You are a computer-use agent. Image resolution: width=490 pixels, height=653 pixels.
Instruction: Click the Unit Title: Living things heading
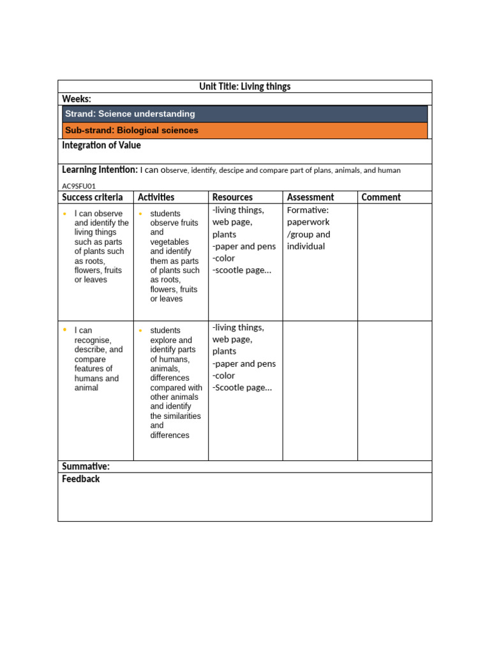pos(245,87)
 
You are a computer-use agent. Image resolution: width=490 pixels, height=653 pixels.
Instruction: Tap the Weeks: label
pos(77,99)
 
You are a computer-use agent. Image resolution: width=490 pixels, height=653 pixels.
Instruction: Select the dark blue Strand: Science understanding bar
pos(245,114)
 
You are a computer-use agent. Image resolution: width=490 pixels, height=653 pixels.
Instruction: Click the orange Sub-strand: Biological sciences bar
pos(245,131)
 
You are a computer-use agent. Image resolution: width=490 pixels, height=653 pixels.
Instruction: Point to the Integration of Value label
pos(101,145)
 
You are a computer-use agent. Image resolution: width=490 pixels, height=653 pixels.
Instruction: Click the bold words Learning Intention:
pos(100,170)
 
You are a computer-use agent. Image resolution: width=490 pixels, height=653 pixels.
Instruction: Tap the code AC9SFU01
pos(78,186)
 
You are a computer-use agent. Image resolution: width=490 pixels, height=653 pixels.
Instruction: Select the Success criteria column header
pos(93,198)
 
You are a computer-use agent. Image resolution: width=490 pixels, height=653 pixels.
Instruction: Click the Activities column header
pos(156,198)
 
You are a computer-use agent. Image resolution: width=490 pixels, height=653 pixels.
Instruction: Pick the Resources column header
pos(232,198)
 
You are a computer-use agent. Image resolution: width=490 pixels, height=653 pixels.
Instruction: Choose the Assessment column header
pos(310,198)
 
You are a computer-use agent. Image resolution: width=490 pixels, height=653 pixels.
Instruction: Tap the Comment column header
pos(381,198)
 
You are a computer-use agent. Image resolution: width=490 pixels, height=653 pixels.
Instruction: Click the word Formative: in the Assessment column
pos(308,210)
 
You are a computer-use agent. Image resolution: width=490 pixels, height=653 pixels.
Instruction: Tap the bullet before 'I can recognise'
pos(64,330)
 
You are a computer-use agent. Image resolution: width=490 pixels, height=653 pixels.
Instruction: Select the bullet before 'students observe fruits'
pos(140,213)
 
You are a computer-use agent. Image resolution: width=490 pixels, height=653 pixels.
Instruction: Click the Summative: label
pos(85,467)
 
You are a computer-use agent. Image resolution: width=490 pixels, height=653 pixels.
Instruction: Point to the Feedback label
pos(81,479)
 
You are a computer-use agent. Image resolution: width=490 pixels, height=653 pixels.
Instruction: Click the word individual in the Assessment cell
pos(306,246)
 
